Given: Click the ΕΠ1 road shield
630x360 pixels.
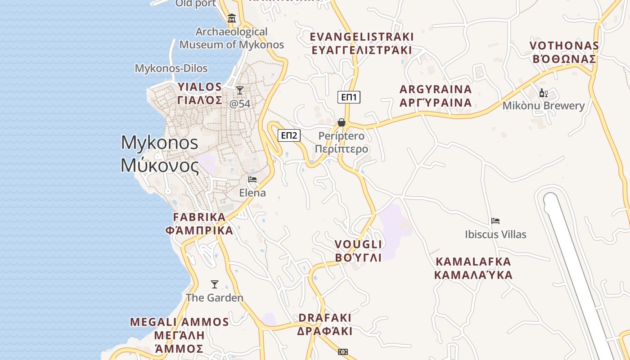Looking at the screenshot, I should pyautogui.click(x=349, y=97).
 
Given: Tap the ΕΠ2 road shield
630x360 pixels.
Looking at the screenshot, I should pyautogui.click(x=289, y=135).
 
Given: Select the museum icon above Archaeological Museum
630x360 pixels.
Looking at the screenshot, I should pyautogui.click(x=232, y=18).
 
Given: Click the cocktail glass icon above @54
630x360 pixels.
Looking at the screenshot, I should pyautogui.click(x=240, y=90).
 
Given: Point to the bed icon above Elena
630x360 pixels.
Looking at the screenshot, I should pyautogui.click(x=252, y=179).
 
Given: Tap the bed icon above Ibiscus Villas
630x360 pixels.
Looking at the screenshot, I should pyautogui.click(x=495, y=221).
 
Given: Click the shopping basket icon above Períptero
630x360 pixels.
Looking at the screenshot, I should pyautogui.click(x=342, y=122).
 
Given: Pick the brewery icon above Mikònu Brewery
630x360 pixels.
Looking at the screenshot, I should pyautogui.click(x=544, y=93).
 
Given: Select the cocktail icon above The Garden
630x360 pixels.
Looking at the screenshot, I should pyautogui.click(x=215, y=284).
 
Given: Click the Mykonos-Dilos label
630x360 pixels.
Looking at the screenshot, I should pyautogui.click(x=171, y=68).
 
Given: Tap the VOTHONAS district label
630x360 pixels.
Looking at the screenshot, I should pyautogui.click(x=564, y=52).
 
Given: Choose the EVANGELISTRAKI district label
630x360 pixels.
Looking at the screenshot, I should pyautogui.click(x=362, y=43).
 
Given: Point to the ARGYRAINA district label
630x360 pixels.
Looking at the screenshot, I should pyautogui.click(x=436, y=96).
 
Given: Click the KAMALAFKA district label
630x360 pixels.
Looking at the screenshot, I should pyautogui.click(x=473, y=268).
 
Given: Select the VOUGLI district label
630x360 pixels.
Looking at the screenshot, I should pyautogui.click(x=359, y=251).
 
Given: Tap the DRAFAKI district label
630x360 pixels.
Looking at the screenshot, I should pyautogui.click(x=324, y=324).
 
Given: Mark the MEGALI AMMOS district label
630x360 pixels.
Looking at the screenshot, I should pyautogui.click(x=180, y=335).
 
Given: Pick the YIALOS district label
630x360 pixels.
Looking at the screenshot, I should pyautogui.click(x=200, y=93).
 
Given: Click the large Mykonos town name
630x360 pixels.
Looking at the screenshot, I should pyautogui.click(x=160, y=154).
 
